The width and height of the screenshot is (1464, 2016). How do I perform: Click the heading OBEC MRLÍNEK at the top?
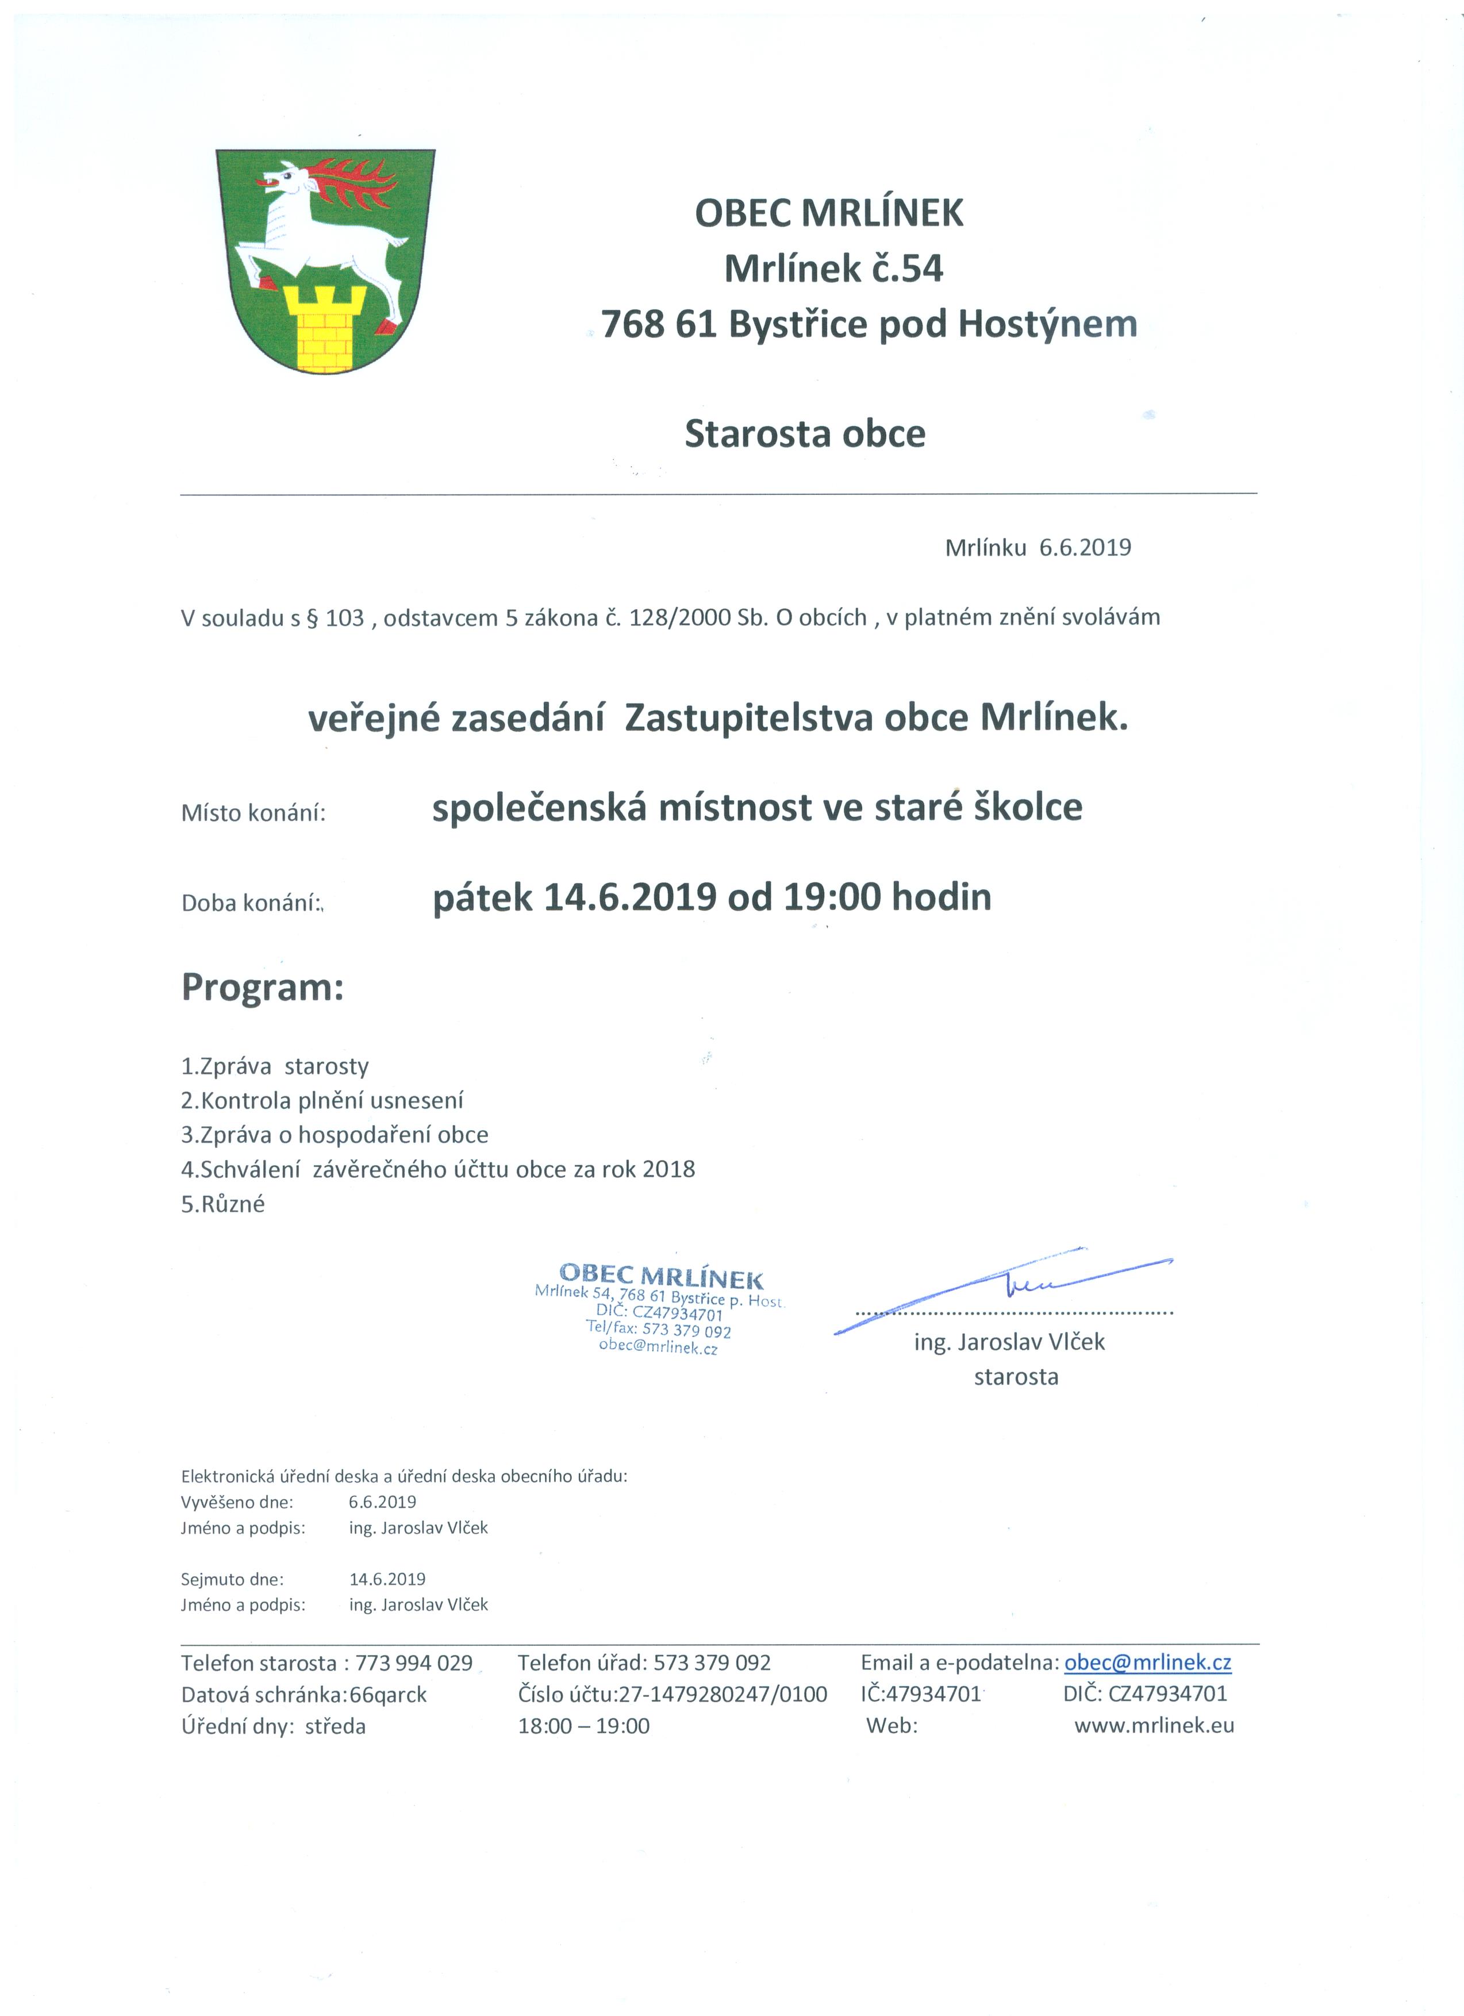tap(828, 213)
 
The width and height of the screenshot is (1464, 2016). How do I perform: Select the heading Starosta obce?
tap(805, 434)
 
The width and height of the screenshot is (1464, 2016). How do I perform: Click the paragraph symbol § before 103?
tap(312, 618)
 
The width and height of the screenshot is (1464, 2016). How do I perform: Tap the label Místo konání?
tap(253, 813)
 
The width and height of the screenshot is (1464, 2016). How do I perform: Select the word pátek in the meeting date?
tap(482, 898)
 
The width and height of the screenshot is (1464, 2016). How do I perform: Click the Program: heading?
tap(262, 988)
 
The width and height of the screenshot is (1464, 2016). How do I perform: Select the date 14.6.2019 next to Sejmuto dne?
tap(387, 1580)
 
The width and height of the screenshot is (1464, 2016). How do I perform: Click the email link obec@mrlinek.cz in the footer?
tap(1147, 1663)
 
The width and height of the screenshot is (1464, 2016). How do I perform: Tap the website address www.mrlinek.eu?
tap(1154, 1726)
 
